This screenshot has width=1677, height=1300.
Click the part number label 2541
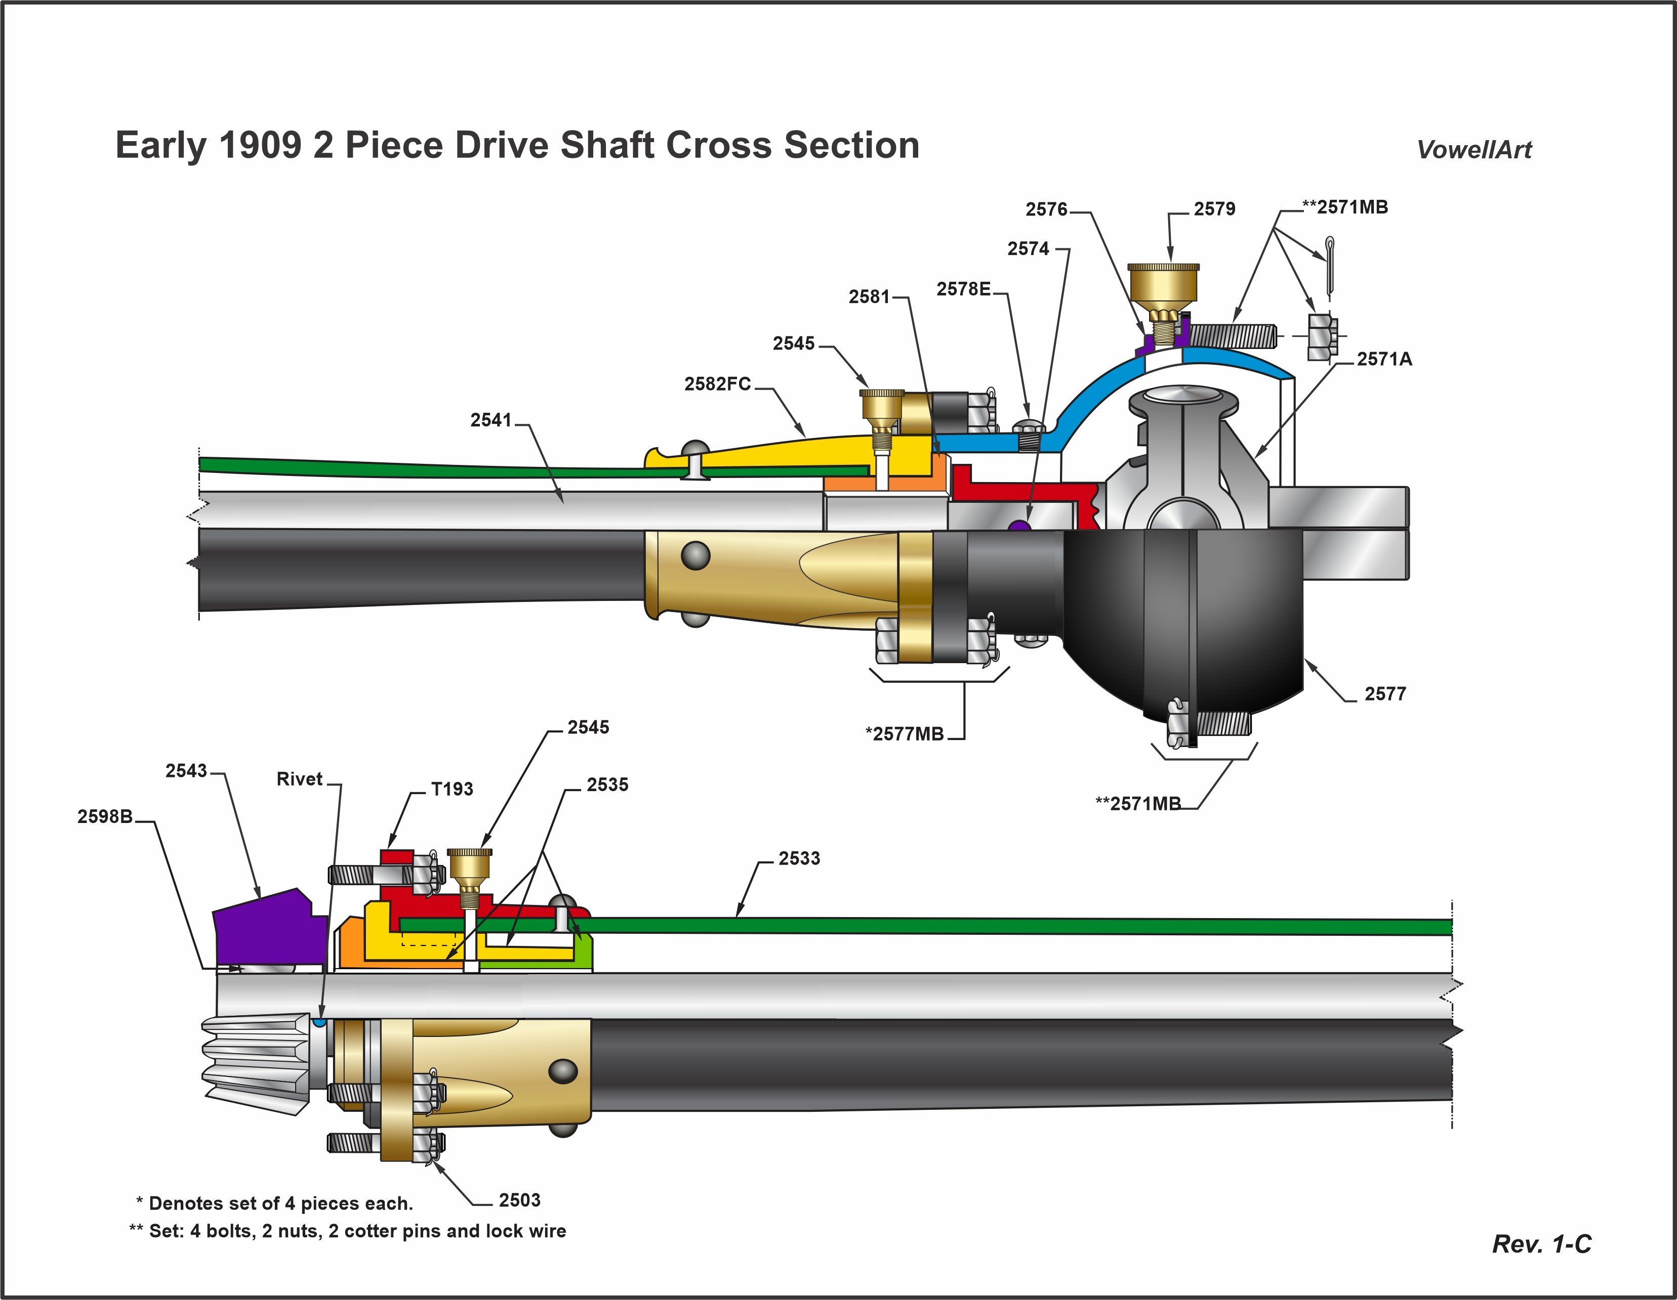490,420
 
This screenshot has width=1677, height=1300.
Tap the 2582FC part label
717,384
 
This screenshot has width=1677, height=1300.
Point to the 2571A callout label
1384,359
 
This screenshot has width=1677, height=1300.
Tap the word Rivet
299,779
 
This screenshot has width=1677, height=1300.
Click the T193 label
452,789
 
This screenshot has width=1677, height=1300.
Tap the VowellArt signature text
1474,150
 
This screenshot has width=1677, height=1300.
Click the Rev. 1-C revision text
1541,1244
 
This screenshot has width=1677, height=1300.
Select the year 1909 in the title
260,145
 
